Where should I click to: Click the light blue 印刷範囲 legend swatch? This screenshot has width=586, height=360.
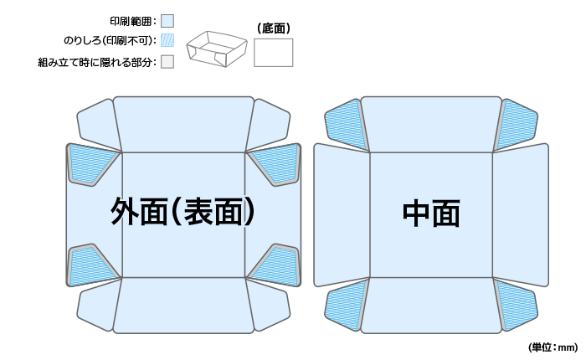pyautogui.click(x=167, y=20)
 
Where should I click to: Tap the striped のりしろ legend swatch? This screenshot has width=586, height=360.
pyautogui.click(x=167, y=40)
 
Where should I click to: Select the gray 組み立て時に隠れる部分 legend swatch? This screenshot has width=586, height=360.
pyautogui.click(x=167, y=61)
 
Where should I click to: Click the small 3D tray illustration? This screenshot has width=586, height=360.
pyautogui.click(x=216, y=49)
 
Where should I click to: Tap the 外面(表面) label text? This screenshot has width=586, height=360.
pyautogui.click(x=182, y=212)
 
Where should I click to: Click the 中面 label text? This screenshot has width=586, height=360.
pyautogui.click(x=431, y=213)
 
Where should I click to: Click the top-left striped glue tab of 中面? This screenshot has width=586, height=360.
pyautogui.click(x=346, y=124)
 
